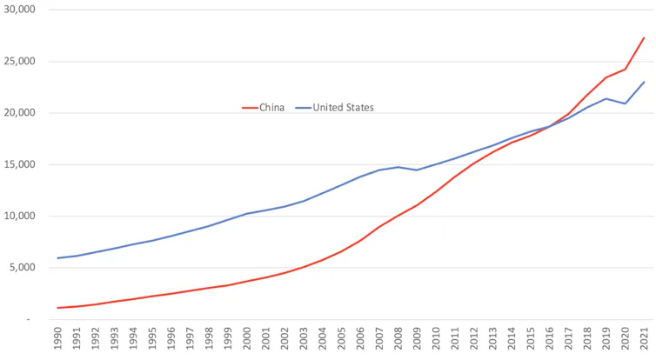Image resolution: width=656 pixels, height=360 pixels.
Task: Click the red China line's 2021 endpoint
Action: [x=644, y=37]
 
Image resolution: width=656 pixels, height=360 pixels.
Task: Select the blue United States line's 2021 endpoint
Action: [x=644, y=82]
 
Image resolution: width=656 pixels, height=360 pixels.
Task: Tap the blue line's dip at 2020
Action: [x=626, y=103]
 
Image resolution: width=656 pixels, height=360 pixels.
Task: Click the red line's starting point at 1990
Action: [x=57, y=308]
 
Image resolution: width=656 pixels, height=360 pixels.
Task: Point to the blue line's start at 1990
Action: [x=57, y=257]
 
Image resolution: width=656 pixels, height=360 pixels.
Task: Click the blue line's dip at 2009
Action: [x=418, y=170]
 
